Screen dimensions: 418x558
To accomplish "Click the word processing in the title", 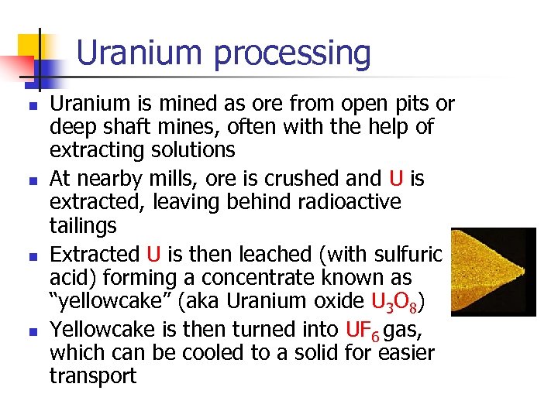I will point(292,54).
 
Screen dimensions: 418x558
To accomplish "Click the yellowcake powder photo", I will point(493,272).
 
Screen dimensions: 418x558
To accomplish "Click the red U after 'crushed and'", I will point(396,179).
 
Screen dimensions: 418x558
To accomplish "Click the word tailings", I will point(83,226).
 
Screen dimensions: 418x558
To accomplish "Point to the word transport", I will point(93,376).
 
